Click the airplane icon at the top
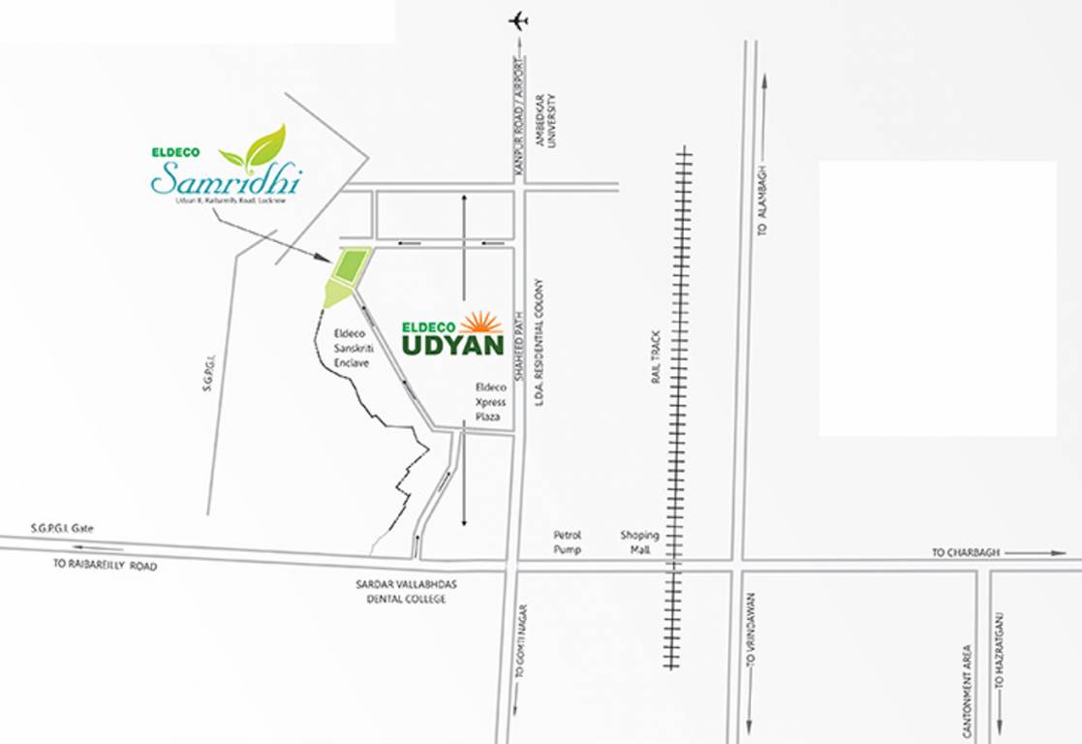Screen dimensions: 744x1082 pos(518,20)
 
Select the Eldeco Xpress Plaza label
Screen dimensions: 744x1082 pos(490,401)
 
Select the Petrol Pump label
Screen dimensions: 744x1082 pos(567,542)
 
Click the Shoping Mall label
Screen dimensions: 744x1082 pos(639,542)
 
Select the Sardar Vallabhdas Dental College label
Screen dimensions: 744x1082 pos(401,593)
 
